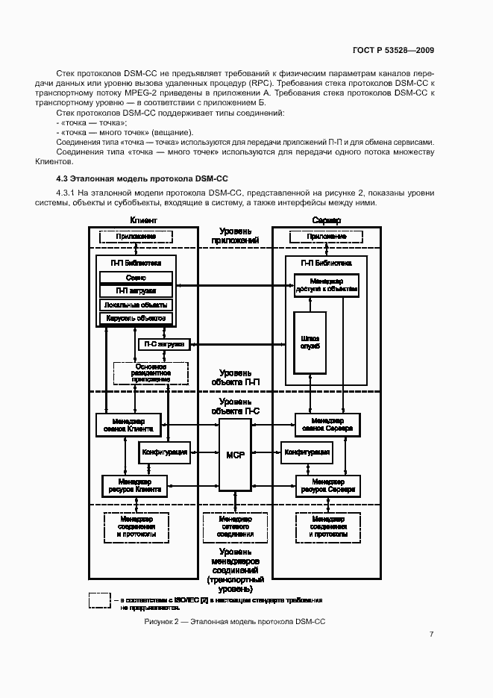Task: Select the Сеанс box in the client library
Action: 136,277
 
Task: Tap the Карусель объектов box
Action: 136,319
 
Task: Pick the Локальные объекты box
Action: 136,305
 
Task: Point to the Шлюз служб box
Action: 308,343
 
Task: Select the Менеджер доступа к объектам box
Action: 327,285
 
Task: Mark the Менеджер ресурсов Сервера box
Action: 328,485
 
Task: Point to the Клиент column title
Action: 143,221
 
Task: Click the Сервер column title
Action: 327,221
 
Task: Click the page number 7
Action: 431,635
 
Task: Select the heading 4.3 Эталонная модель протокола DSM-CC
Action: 142,179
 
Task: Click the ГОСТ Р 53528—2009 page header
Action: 392,50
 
